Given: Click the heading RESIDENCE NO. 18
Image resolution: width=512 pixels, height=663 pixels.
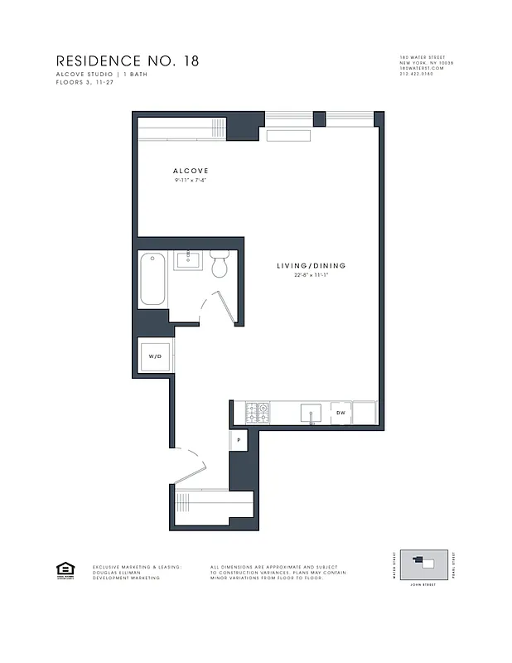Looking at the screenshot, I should coord(128,60).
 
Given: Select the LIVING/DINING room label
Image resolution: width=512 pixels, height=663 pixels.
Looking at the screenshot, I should coord(311,266).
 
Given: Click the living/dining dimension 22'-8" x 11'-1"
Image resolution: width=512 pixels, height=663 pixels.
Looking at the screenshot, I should coord(311,275).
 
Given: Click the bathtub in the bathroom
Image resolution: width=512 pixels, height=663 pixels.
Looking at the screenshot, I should coord(153,278).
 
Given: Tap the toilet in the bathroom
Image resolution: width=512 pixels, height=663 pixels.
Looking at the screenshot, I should coord(220,264).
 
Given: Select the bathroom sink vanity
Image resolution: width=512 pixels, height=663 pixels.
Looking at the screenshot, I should coord(189,260).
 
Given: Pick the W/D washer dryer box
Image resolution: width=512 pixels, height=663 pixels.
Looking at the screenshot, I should coord(155,356).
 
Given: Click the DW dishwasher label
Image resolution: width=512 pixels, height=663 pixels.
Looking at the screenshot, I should coord(341,412).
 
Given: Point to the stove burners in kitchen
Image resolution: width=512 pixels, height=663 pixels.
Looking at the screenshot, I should coord(257,412).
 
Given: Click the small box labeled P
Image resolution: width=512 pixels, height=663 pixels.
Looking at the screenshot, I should coord(239,440).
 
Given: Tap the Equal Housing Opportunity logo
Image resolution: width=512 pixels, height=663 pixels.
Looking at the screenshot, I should coord(63,569).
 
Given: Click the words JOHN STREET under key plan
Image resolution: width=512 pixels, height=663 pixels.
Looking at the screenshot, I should coord(423,585).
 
